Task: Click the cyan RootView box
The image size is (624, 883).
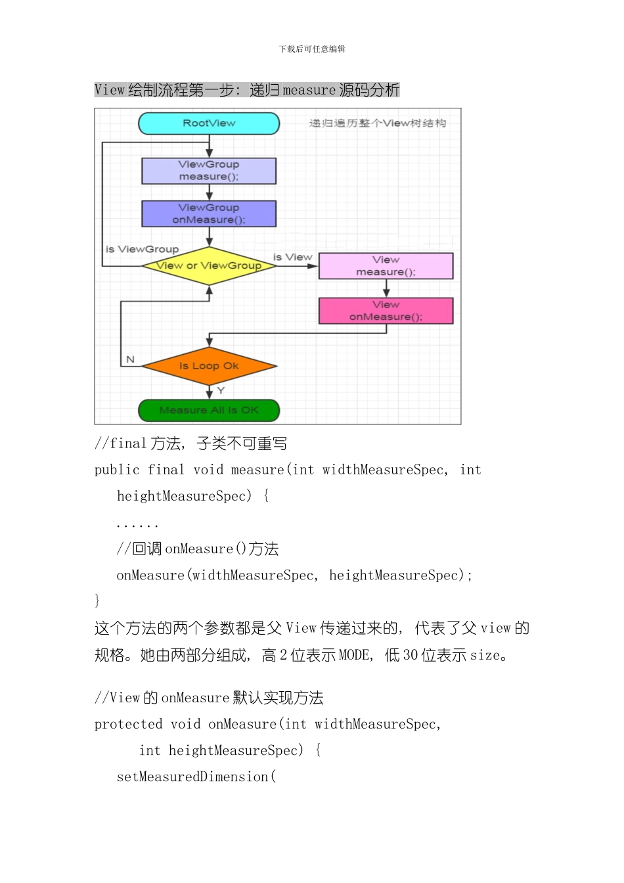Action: click(209, 124)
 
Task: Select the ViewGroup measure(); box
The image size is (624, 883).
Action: click(209, 171)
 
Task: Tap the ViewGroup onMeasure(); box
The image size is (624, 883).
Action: click(209, 214)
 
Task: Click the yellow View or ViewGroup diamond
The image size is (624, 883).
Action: click(209, 266)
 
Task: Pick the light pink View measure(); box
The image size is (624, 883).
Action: click(386, 266)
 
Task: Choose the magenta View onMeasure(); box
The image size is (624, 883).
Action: click(386, 311)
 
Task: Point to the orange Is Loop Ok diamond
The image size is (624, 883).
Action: click(209, 366)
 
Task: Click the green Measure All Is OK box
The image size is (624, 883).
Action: click(209, 411)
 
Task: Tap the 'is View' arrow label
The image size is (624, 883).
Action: click(293, 257)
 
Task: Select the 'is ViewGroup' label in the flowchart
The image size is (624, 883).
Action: click(142, 249)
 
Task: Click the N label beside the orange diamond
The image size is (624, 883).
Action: click(130, 359)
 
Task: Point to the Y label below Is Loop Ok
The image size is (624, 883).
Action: click(221, 390)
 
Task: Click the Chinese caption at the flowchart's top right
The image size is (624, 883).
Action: click(378, 123)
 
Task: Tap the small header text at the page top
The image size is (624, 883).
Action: click(312, 49)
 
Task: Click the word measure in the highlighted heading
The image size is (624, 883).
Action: click(309, 90)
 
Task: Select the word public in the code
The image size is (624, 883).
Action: click(117, 470)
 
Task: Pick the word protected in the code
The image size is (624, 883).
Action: click(128, 724)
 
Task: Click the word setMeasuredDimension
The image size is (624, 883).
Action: click(192, 777)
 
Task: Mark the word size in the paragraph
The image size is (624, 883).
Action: click(485, 655)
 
